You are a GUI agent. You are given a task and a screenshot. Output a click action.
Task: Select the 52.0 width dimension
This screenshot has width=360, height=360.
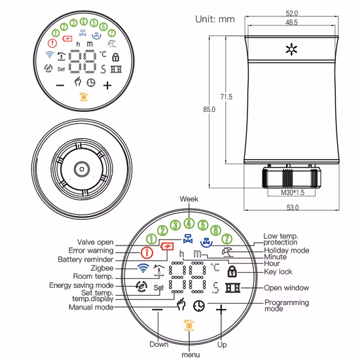291,13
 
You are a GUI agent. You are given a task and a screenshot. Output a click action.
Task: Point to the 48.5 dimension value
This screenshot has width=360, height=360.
291,22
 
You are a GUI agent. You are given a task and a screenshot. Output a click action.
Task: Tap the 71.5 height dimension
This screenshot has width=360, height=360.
226,97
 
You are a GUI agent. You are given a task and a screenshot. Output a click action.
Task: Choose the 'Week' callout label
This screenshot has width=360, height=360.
189,199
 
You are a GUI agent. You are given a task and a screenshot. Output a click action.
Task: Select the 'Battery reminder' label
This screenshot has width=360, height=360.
85,259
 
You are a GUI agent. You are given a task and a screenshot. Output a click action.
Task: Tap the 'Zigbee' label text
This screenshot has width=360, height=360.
101,268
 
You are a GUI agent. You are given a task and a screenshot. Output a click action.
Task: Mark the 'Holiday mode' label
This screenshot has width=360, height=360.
285,249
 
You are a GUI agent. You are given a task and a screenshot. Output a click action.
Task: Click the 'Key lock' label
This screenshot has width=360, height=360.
279,270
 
